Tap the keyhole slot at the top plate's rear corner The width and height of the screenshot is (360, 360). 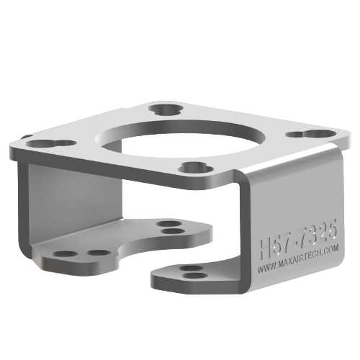tap(164, 109)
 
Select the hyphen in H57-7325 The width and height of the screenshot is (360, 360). tap(295, 239)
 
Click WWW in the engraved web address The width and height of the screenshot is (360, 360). tap(264, 270)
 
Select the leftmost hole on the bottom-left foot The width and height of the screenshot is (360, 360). tap(64, 255)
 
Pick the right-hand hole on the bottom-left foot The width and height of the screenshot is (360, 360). tap(96, 253)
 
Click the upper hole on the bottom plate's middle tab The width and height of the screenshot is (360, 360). tap(168, 224)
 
